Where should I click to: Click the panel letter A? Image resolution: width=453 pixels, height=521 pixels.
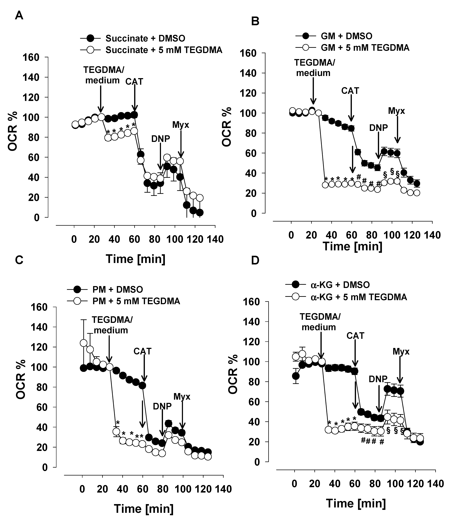[x=19, y=16]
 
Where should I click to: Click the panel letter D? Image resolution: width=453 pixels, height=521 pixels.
[x=255, y=260]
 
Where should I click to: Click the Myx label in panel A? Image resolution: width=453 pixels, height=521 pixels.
[x=181, y=125]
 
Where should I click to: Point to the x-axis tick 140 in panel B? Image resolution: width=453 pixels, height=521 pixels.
[x=432, y=235]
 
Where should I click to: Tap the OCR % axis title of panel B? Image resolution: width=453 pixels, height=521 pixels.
[x=227, y=126]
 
